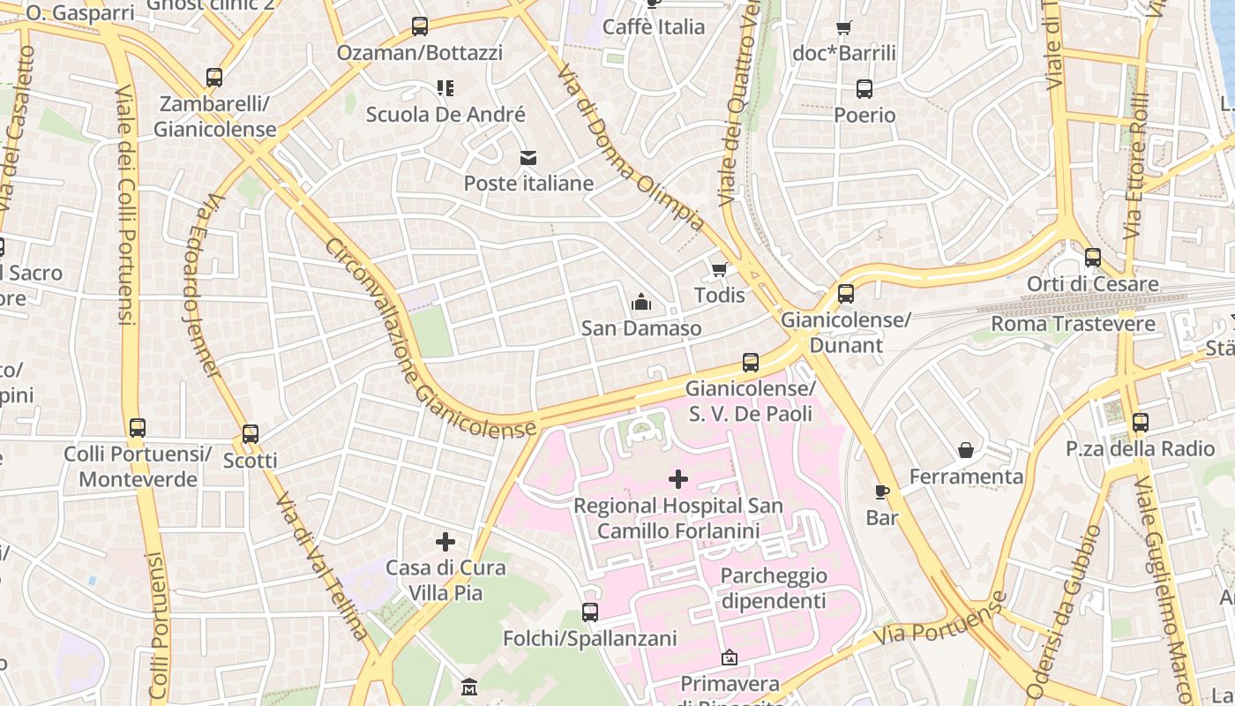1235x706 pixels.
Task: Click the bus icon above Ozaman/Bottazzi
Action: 420,26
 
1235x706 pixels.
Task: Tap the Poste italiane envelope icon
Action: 528,158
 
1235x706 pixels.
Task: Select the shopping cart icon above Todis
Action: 720,269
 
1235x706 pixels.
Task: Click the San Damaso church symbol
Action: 641,303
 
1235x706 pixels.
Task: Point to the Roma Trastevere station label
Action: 1073,324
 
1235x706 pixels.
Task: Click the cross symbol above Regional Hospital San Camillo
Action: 677,479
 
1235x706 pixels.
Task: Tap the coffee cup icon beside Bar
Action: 881,492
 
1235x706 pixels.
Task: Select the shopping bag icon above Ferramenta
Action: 966,451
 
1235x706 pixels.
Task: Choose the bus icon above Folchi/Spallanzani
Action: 590,612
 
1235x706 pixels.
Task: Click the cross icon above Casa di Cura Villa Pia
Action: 445,541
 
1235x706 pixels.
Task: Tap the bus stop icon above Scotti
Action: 251,434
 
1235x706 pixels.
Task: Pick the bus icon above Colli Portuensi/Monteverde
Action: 138,428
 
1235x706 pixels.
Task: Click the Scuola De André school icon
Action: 445,87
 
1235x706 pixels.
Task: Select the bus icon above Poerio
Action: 864,89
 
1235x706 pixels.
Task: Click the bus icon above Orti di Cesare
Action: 1093,258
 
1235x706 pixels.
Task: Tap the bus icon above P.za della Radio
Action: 1141,423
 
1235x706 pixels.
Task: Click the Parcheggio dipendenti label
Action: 774,589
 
